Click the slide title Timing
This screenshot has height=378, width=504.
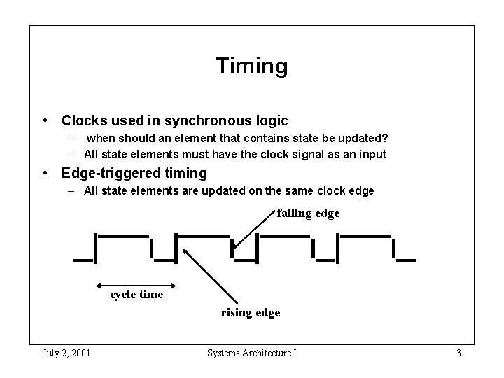coord(251,66)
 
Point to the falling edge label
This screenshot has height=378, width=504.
coord(308,213)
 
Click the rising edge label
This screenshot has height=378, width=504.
coord(251,313)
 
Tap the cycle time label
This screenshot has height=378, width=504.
coord(136,295)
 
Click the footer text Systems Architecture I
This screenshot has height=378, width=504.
coord(251,352)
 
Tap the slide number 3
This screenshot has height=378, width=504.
coord(458,352)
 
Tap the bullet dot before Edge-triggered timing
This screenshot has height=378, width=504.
coord(46,173)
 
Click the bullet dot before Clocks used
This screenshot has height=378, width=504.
coord(46,121)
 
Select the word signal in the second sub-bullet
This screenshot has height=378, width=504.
coord(302,154)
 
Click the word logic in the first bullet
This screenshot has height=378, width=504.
coord(268,120)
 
